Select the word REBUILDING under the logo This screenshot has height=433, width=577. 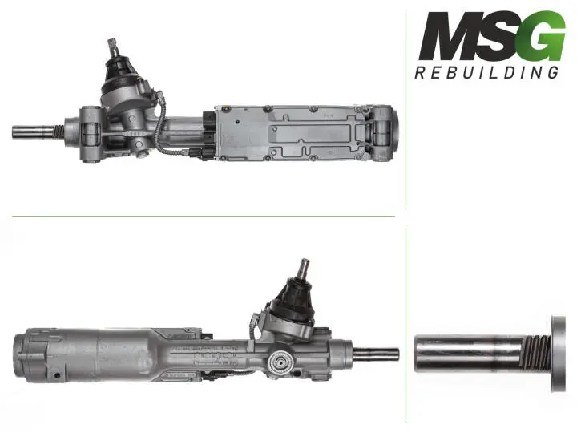486,72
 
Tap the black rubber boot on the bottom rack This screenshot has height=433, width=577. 297,297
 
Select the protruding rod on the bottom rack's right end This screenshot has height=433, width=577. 376,354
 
